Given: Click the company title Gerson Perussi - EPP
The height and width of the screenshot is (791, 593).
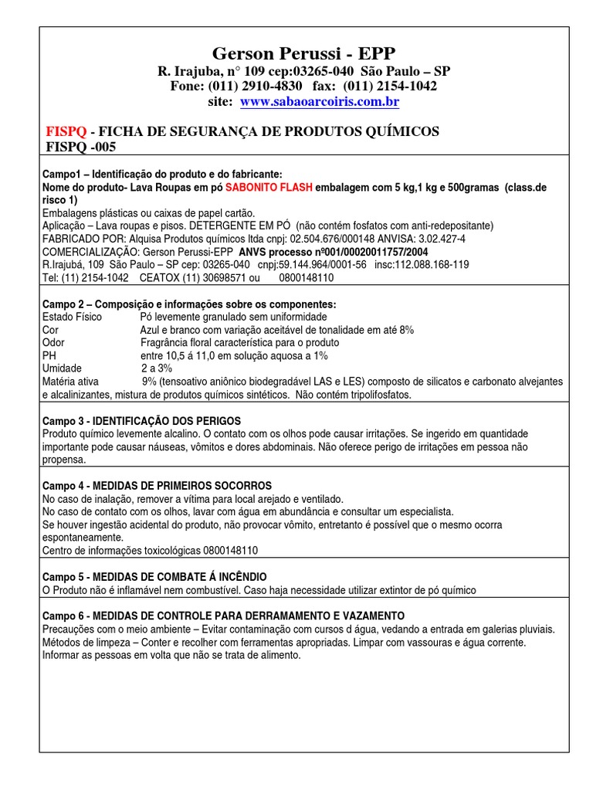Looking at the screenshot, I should (x=303, y=53).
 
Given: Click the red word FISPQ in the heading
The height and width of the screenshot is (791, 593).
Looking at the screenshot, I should (x=65, y=131).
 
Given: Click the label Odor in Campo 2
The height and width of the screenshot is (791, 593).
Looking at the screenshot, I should (x=53, y=342).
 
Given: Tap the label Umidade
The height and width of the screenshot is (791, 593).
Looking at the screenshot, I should (x=62, y=368).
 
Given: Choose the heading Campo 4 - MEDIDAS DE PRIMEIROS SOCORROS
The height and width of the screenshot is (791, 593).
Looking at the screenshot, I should (x=157, y=486).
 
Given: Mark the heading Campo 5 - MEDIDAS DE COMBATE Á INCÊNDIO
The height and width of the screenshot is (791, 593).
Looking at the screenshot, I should (x=154, y=577).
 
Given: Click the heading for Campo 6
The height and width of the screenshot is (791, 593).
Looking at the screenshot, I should (x=223, y=616).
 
